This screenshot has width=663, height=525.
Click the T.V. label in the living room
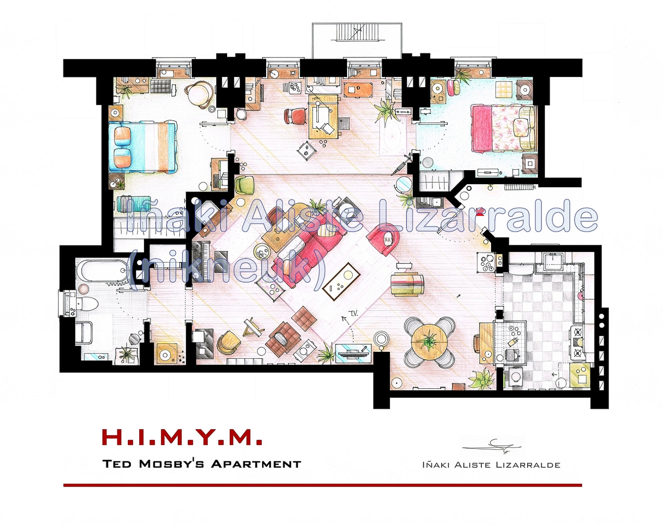[353, 313]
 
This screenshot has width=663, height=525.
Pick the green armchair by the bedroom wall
[244, 185]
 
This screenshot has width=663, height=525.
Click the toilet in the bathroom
[88, 304]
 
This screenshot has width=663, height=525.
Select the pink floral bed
[503, 127]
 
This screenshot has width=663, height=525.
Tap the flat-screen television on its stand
[354, 351]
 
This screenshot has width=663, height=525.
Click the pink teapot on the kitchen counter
[581, 293]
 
